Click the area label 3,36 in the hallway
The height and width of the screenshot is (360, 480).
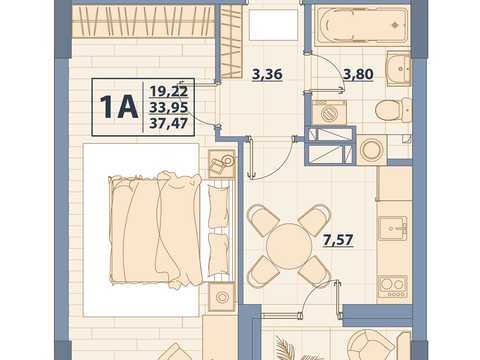click(x=267, y=74)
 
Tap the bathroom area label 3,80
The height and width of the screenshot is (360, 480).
click(x=358, y=74)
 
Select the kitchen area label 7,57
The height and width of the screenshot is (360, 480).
click(x=338, y=240)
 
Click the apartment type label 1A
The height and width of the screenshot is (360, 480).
click(x=119, y=107)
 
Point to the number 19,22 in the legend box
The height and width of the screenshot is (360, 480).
click(x=169, y=91)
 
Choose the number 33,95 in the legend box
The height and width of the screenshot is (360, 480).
click(x=169, y=107)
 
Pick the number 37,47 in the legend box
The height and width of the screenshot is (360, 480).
click(x=169, y=123)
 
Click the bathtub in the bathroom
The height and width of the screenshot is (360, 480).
click(x=362, y=25)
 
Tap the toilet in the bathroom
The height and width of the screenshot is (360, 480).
click(x=393, y=109)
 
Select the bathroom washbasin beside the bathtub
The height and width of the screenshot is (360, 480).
click(x=399, y=68)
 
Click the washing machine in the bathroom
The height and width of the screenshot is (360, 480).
click(x=329, y=112)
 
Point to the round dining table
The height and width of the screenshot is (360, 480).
click(x=289, y=246)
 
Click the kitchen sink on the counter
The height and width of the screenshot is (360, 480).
click(x=392, y=228)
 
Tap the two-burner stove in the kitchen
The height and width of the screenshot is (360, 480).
click(x=392, y=286)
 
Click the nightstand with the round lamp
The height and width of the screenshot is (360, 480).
click(x=222, y=296)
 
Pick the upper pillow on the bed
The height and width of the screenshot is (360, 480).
click(x=219, y=207)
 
